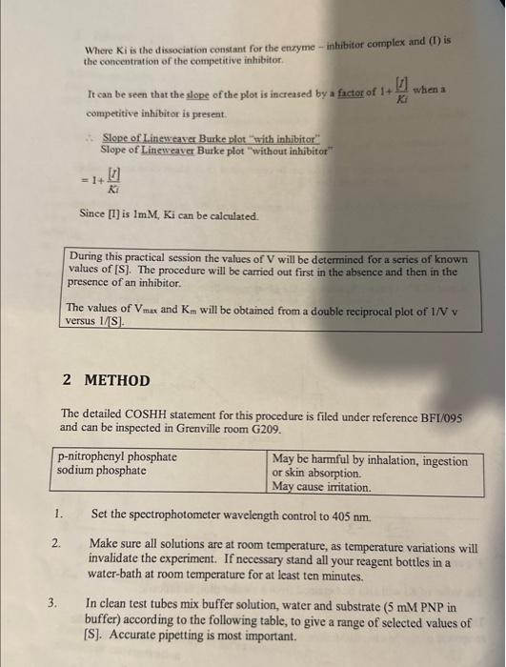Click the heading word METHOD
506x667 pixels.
pos(117,380)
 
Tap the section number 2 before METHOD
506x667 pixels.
pos(67,380)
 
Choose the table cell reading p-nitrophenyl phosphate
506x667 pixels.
pos(117,457)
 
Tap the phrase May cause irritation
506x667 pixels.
pos(320,487)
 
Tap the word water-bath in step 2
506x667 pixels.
pos(118,576)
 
